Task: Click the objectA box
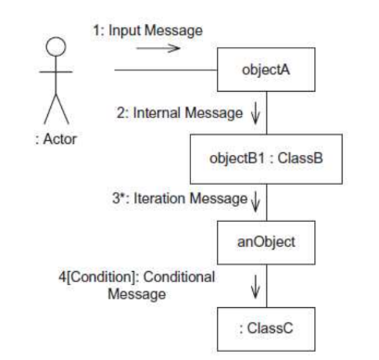266,70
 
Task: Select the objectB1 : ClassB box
266,159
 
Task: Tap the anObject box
266,242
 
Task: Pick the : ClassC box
266,329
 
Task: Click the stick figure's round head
56,46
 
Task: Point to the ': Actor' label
56,139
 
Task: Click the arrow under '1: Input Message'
158,48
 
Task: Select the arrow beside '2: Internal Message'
255,115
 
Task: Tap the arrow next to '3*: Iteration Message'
255,201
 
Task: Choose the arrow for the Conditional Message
255,288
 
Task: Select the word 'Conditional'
179,276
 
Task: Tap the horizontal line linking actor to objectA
166,70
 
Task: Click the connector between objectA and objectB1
267,113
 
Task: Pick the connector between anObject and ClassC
267,286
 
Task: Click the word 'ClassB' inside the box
300,159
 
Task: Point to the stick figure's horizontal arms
56,72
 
